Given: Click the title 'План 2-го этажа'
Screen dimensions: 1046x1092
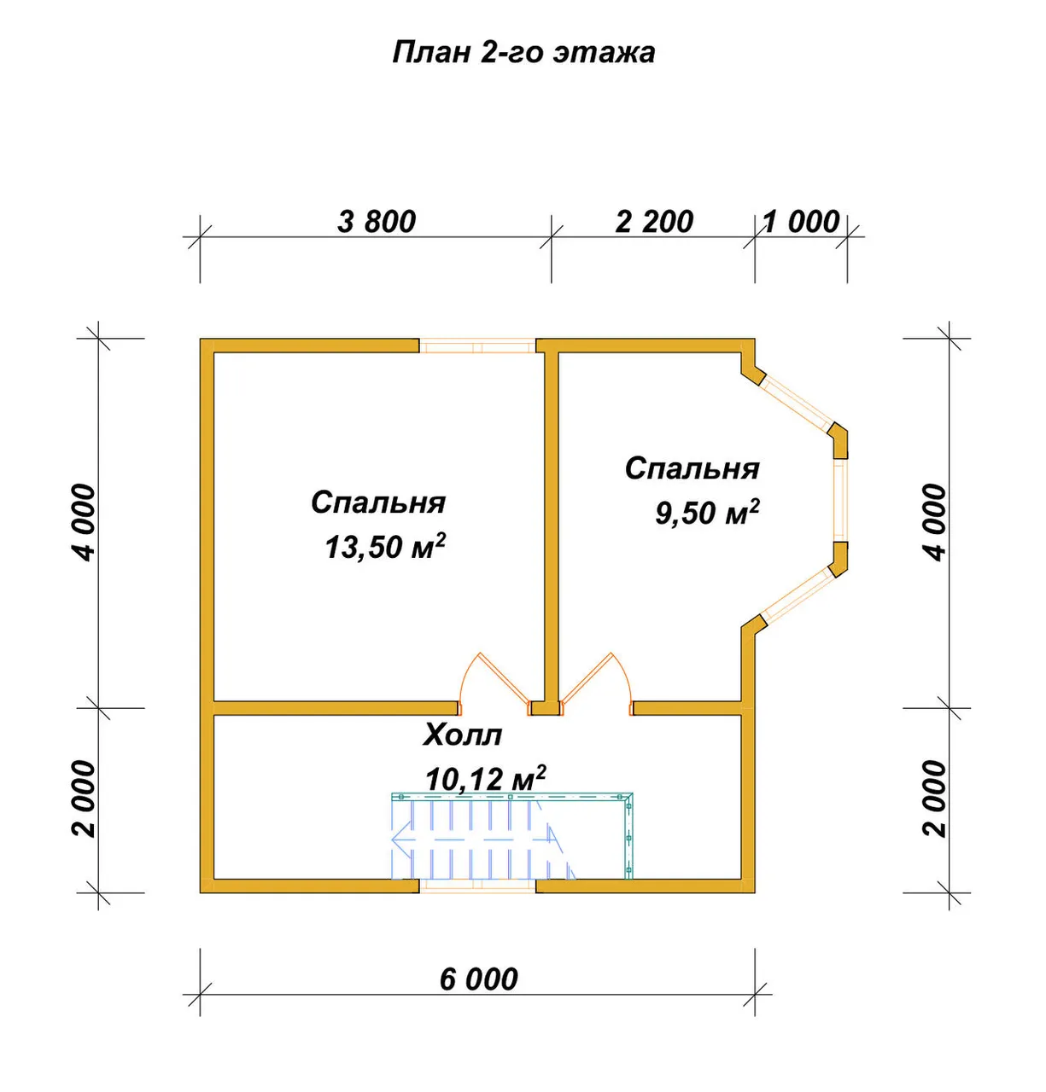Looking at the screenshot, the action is pyautogui.click(x=523, y=53).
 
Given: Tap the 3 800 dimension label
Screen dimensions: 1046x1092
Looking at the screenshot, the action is pyautogui.click(x=376, y=222).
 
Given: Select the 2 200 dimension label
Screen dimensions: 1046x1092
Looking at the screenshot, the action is pyautogui.click(x=654, y=222).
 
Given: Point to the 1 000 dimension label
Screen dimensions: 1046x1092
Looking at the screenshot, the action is pyautogui.click(x=801, y=222).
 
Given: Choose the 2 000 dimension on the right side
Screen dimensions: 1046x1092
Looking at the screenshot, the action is pyautogui.click(x=935, y=799).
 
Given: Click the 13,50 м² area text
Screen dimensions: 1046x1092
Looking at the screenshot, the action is pyautogui.click(x=385, y=547).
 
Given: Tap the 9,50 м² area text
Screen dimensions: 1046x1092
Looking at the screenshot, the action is pyautogui.click(x=707, y=512).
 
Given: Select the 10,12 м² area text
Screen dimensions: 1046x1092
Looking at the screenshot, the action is pyautogui.click(x=485, y=778).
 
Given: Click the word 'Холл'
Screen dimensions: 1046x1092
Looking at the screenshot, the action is pyautogui.click(x=462, y=735).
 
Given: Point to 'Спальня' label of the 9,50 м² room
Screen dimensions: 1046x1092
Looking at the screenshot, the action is pyautogui.click(x=692, y=468).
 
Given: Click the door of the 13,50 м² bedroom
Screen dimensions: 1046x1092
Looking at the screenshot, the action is pyautogui.click(x=494, y=683).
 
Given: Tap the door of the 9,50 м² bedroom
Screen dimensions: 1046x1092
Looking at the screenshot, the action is pyautogui.click(x=596, y=683).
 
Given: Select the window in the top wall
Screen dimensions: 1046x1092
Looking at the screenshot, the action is pyautogui.click(x=477, y=346).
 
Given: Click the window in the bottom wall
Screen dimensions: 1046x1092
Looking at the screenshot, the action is pyautogui.click(x=477, y=886).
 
